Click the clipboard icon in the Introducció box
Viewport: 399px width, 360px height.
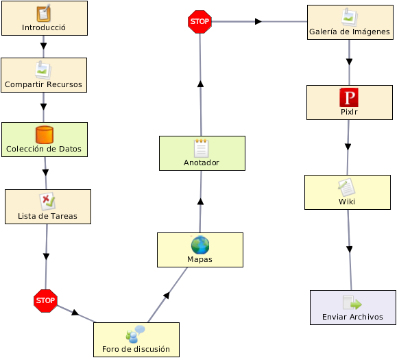pos(43,13)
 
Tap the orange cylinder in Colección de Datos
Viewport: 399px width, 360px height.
pos(45,134)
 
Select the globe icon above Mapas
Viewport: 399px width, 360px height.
pos(200,245)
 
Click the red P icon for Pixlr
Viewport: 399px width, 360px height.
pos(349,97)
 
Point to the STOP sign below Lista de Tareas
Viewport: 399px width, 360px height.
pos(45,300)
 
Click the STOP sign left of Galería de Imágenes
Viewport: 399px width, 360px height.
pos(199,22)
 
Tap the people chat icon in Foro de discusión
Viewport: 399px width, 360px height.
pos(135,334)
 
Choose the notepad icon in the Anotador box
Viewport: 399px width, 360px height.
pos(202,148)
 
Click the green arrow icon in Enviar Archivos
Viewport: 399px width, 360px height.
pos(352,302)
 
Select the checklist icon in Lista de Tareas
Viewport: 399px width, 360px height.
pos(47,202)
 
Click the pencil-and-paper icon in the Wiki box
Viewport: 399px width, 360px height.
pos(346,187)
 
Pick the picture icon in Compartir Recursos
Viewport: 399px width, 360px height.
pos(43,70)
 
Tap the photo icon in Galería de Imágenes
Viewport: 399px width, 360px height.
pos(350,17)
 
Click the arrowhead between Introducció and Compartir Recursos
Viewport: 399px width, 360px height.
pos(43,46)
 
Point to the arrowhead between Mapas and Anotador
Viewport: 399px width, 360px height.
pos(200,202)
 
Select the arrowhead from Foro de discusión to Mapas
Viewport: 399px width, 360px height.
pos(167,296)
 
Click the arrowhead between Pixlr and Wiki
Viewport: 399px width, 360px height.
pos(348,147)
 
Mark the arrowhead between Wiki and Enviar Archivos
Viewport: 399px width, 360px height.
pos(350,249)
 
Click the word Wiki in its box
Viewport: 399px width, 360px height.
pos(347,202)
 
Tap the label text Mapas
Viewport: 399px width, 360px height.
pos(199,259)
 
